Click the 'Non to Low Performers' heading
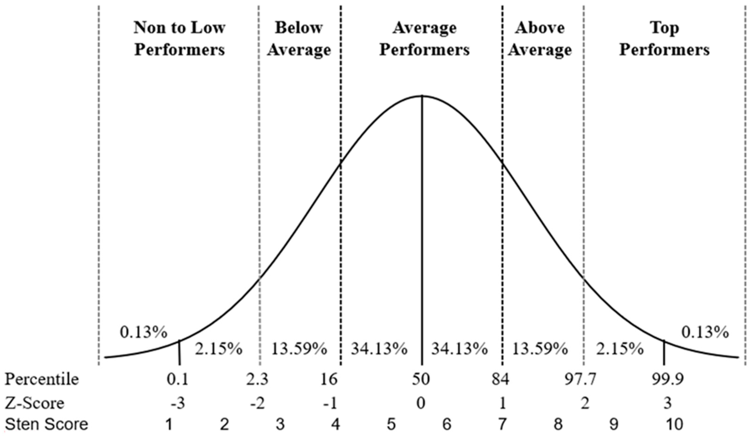pyautogui.click(x=179, y=39)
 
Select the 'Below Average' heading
pyautogui.click(x=299, y=39)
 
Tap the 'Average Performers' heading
pyautogui.click(x=424, y=39)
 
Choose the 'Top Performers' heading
pyautogui.click(x=664, y=39)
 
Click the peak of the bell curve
pyautogui.click(x=422, y=96)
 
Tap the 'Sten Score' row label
pyautogui.click(x=47, y=424)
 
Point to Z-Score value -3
pyautogui.click(x=178, y=403)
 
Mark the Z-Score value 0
pyautogui.click(x=421, y=403)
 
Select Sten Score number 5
pyautogui.click(x=391, y=424)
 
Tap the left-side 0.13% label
pyautogui.click(x=143, y=332)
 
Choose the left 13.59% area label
pyautogui.click(x=299, y=349)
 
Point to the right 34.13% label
pyautogui.click(x=459, y=349)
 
